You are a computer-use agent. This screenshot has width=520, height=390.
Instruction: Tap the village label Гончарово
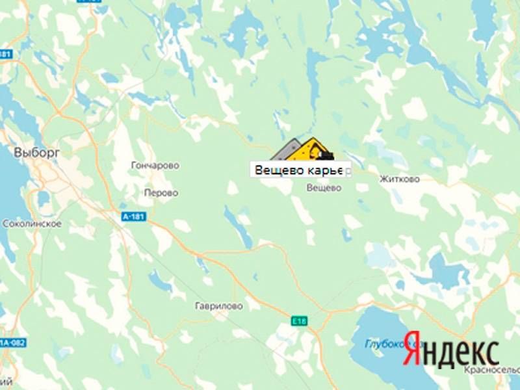tap(155, 166)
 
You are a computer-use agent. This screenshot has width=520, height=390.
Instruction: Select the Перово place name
tap(160, 193)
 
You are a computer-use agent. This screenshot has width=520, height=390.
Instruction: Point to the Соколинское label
tap(32, 224)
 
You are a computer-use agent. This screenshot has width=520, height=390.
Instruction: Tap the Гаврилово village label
tap(218, 305)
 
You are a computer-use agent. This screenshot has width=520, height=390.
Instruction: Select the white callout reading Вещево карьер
tap(301, 170)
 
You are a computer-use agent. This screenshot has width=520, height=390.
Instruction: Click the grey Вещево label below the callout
tap(324, 188)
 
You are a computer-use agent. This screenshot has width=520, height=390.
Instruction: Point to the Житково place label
tap(399, 179)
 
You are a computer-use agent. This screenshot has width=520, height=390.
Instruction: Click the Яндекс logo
tap(451, 352)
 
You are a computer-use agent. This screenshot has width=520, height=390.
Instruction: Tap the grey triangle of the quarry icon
tap(286, 152)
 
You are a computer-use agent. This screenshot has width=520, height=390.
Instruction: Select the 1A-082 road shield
tap(7, 342)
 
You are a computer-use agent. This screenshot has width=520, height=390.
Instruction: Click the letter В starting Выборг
tap(18, 152)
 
